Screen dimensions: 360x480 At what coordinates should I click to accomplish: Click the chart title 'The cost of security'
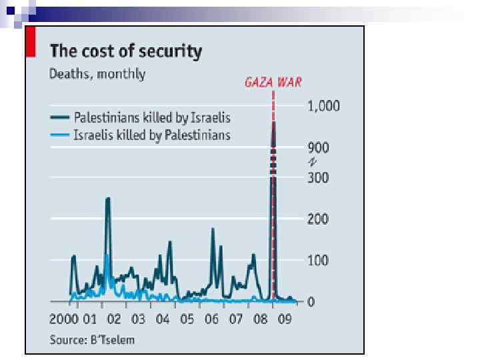(126, 51)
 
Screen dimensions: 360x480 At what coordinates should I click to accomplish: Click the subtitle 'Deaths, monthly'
(97, 73)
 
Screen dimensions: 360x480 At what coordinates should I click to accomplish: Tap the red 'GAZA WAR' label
(273, 83)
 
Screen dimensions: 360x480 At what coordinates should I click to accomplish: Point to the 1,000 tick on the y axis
(323, 106)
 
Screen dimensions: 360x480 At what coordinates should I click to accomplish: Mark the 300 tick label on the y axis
(317, 177)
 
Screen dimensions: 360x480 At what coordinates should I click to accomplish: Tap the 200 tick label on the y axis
(317, 219)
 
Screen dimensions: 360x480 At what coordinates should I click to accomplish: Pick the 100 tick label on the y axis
(317, 260)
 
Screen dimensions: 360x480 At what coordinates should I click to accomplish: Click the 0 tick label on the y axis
(311, 302)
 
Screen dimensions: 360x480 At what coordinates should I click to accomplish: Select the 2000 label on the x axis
(65, 319)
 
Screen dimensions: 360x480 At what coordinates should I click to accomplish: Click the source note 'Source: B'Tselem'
(92, 339)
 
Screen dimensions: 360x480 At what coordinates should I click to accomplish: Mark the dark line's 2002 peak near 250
(108, 199)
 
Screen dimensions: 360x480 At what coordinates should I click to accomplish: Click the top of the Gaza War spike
(273, 123)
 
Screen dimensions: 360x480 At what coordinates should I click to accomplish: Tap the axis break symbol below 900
(311, 162)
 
